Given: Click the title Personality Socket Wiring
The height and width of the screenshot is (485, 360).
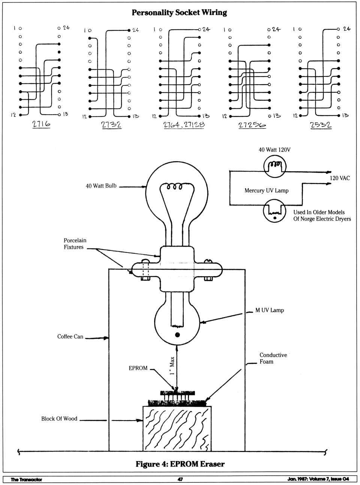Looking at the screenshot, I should pyautogui.click(x=179, y=12).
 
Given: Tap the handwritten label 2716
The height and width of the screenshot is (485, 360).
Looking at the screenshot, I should pyautogui.click(x=41, y=124).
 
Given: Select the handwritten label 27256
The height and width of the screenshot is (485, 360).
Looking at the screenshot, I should pyautogui.click(x=252, y=125).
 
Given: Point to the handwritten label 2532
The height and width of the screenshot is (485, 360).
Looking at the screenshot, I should pyautogui.click(x=321, y=125).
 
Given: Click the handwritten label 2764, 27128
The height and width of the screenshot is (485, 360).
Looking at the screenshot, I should pyautogui.click(x=184, y=125).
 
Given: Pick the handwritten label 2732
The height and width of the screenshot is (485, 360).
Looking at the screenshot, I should pyautogui.click(x=111, y=125).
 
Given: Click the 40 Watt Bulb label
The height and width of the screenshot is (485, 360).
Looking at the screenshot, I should pyautogui.click(x=101, y=186).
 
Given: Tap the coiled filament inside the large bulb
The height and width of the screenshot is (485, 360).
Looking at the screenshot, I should pyautogui.click(x=175, y=186).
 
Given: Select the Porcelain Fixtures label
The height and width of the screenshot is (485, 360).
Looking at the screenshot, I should pyautogui.click(x=75, y=244).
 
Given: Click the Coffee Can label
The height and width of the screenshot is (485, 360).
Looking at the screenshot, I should pyautogui.click(x=70, y=337).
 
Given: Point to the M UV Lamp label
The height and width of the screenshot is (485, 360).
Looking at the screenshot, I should pyautogui.click(x=270, y=310).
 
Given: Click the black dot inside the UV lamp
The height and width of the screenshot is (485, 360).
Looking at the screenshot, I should pyautogui.click(x=177, y=335).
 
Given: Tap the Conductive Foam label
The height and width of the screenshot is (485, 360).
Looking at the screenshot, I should pyautogui.click(x=273, y=358).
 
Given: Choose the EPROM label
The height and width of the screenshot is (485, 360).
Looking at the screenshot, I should pyautogui.click(x=138, y=368).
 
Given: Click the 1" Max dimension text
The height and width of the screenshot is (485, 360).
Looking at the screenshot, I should pyautogui.click(x=172, y=366).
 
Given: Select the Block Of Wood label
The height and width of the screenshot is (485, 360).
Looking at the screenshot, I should pyautogui.click(x=59, y=419).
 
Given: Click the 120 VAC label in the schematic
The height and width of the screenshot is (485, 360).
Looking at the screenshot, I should pyautogui.click(x=340, y=178).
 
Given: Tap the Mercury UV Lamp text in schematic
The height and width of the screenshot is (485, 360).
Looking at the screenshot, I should pyautogui.click(x=266, y=190).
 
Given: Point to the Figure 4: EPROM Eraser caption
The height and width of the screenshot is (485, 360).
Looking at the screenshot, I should pyautogui.click(x=180, y=464).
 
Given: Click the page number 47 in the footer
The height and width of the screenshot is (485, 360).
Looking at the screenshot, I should pyautogui.click(x=180, y=479).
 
